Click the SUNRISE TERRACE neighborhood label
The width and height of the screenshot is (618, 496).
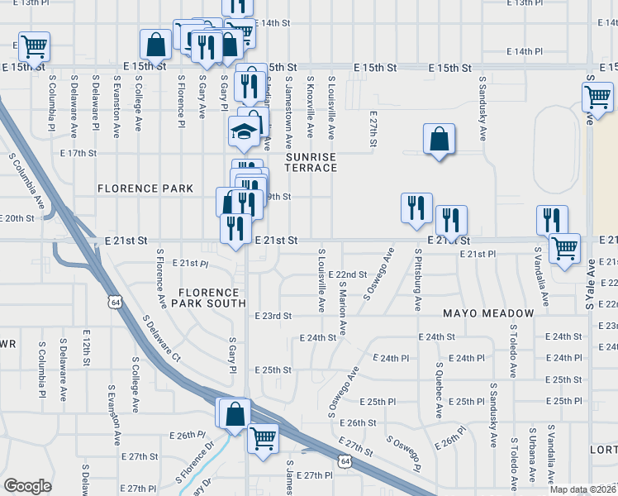pyautogui.click(x=311, y=161)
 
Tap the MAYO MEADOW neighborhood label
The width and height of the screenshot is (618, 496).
pyautogui.click(x=488, y=313)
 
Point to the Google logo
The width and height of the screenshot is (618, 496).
pyautogui.click(x=27, y=485)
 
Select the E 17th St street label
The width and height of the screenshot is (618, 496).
pyautogui.click(x=78, y=153)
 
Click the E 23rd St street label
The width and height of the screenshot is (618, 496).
pyautogui.click(x=273, y=316)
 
